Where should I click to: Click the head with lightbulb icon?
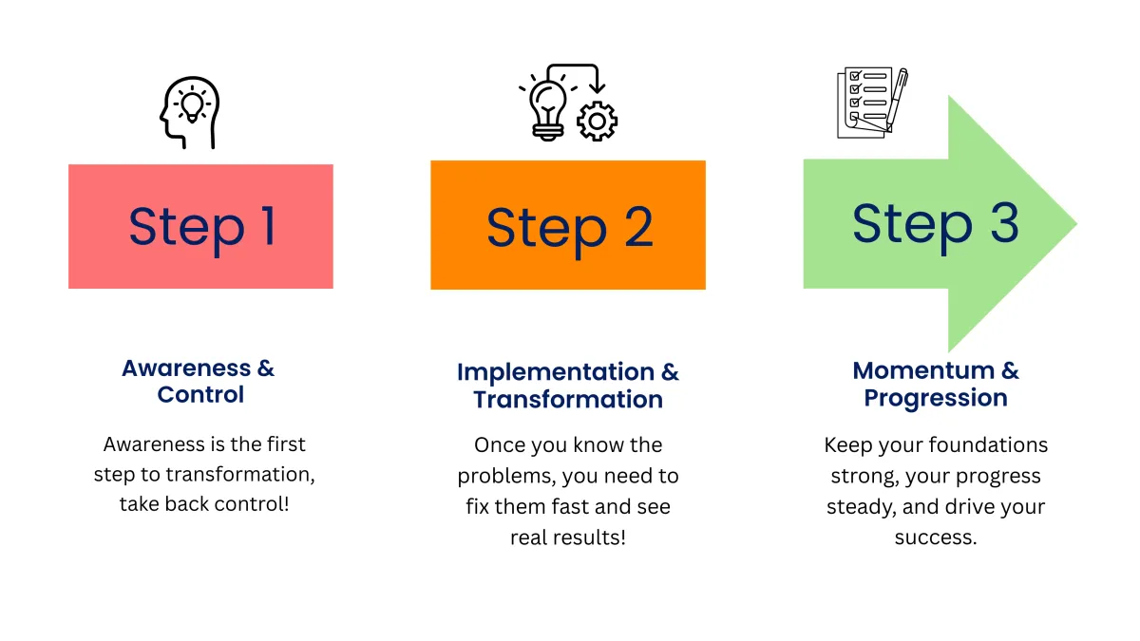coord(189,113)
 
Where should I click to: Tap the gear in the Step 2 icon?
coord(597,122)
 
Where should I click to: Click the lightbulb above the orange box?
coord(547,110)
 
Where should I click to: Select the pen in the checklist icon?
coord(897,100)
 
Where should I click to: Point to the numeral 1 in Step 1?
coord(269,226)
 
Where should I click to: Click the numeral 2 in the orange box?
coord(638,227)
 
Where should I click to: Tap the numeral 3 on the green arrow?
coord(1004,222)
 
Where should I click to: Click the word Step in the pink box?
coord(187,230)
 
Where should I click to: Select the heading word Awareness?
coord(186,368)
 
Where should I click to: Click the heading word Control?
coord(200,395)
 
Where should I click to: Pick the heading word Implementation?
coord(556,372)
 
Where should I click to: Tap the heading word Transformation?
coord(568,400)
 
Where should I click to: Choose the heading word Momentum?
coord(923,370)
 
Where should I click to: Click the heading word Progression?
coord(936,399)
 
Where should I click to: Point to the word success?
coord(936,537)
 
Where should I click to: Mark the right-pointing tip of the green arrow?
coord(1077,223)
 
